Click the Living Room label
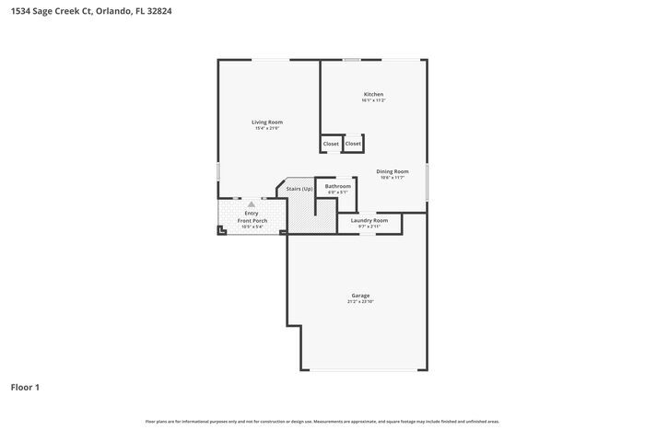268,122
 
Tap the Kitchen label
373,95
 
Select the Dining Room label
393,171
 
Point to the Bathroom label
337,186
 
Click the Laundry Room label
369,220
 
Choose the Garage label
360,296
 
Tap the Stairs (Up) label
299,189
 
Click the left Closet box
331,144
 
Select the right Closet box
353,144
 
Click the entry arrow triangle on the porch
252,204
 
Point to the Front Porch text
251,221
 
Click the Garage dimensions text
360,302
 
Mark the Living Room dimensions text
268,128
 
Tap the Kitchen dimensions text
373,101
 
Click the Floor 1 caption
25,387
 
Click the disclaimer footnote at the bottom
322,421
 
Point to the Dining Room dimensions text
393,178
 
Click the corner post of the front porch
221,232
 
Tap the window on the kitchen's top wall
351,61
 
